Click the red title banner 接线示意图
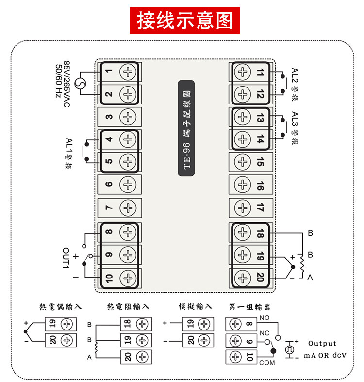184,20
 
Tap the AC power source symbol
80,84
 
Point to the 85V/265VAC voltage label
66,84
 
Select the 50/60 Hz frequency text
59,81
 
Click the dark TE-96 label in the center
186,128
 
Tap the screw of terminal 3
128,117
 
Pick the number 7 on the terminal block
109,208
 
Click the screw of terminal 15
242,162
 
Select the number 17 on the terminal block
260,208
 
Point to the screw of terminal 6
128,184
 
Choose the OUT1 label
66,258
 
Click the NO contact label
264,318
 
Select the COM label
267,363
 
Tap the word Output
322,343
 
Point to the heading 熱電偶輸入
60,307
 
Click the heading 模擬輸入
196,306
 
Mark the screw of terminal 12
242,94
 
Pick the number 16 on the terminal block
260,186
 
